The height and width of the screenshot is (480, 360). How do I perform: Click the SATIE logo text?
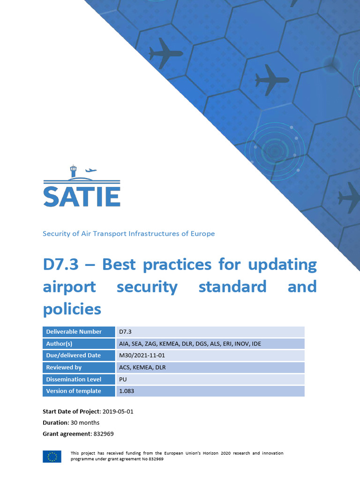[82, 197]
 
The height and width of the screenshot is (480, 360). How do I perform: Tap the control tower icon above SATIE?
[73, 171]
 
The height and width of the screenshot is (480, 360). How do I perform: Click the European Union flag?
[52, 456]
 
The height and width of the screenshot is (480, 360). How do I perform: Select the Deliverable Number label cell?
[74, 332]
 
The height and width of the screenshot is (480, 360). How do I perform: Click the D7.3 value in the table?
[126, 332]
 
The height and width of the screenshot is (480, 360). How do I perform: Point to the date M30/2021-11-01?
[142, 355]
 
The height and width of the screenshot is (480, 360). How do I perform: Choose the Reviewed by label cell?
[64, 367]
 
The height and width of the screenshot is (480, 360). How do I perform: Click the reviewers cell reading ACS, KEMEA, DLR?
[142, 367]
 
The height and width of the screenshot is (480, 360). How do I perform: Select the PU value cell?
[123, 379]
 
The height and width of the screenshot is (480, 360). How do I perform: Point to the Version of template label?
[73, 391]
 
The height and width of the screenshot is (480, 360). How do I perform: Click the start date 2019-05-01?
[121, 411]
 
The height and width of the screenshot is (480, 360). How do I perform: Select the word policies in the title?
[72, 308]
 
